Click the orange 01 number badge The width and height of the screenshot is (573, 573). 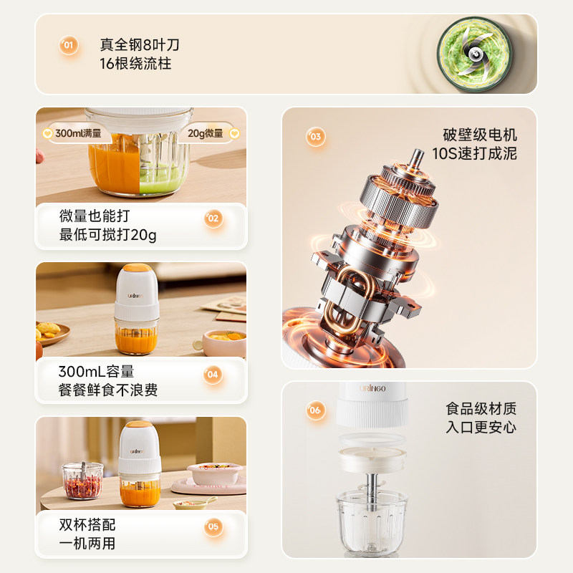[69, 47]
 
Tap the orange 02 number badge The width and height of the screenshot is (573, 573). [213, 218]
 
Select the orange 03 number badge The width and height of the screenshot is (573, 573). [316, 136]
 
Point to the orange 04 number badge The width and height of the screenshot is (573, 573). [213, 374]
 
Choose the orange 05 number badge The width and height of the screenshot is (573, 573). [213, 527]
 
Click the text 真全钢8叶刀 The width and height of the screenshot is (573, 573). [140, 45]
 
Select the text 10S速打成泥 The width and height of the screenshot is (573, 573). [474, 154]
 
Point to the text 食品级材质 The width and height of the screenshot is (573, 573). [481, 409]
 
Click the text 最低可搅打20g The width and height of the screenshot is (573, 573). [108, 235]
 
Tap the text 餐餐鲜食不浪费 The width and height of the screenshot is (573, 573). [108, 390]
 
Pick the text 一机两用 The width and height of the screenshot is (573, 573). [87, 544]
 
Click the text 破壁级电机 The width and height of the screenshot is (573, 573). [480, 135]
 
